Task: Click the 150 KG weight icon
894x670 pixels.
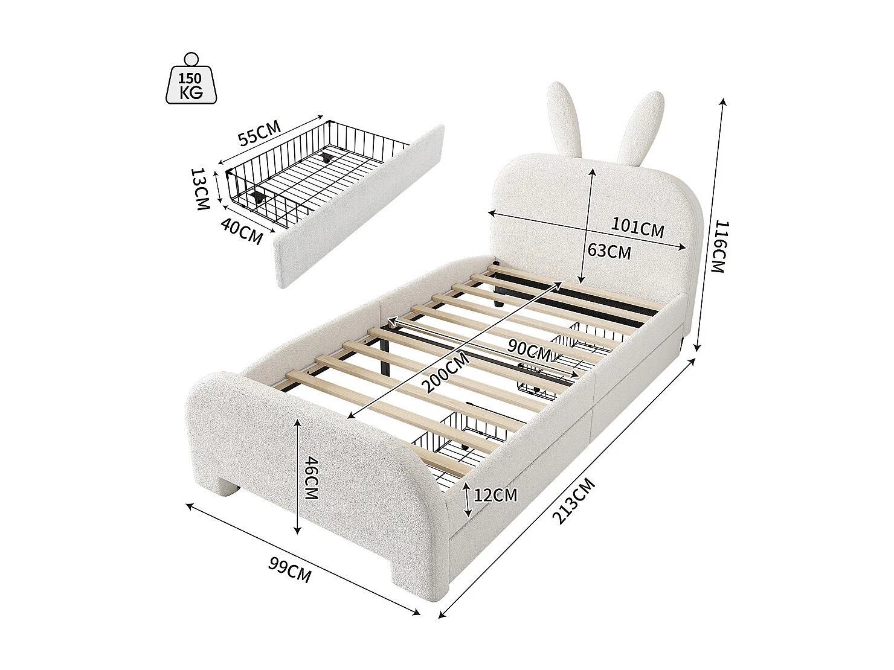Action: click(x=191, y=81)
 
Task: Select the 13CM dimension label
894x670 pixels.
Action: click(x=200, y=189)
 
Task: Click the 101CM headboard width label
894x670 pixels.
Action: click(x=637, y=228)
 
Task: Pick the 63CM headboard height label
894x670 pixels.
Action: click(x=609, y=250)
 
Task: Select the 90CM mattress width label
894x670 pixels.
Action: click(x=529, y=349)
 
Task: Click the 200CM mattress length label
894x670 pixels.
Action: click(x=446, y=372)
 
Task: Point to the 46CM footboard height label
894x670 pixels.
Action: click(x=310, y=477)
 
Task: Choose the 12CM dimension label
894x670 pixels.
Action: click(x=495, y=495)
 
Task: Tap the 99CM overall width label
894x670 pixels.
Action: click(x=290, y=570)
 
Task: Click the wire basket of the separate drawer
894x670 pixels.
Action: click(x=314, y=175)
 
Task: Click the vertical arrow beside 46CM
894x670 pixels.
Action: click(x=297, y=477)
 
